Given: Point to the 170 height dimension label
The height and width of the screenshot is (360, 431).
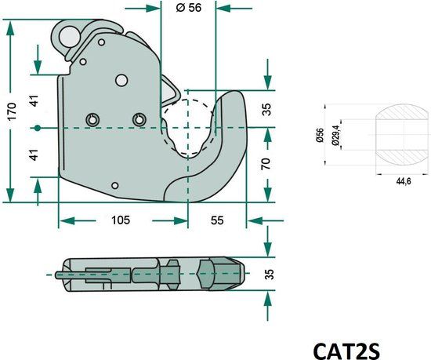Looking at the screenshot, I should tap(11, 111).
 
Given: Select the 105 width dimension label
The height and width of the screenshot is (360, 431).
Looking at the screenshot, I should tap(119, 220).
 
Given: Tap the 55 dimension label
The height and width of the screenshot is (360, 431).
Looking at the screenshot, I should tap(217, 220).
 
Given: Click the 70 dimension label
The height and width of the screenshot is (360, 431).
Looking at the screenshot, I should tap(267, 164).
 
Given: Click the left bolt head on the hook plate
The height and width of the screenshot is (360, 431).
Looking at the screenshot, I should tap(92, 119).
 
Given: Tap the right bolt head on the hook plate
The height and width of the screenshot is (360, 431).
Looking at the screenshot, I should tap(139, 119).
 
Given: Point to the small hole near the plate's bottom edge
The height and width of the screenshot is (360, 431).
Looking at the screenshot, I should tap(114, 185).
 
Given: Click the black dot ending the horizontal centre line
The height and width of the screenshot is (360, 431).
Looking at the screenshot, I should tap(38, 127).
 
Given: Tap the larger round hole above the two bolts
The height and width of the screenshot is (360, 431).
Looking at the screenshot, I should tap(121, 79).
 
